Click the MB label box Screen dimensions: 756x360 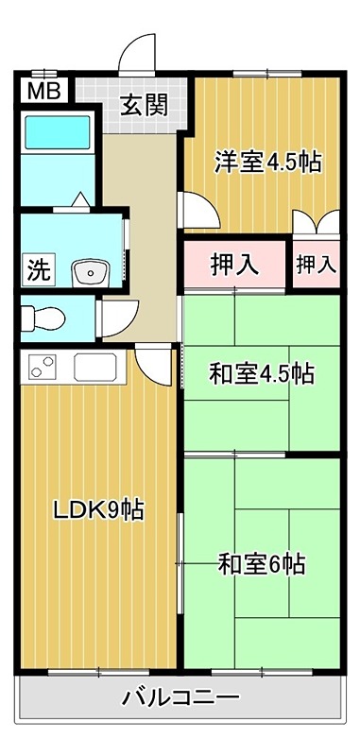pyautogui.click(x=40, y=92)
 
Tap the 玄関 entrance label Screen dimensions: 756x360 pyautogui.click(x=144, y=104)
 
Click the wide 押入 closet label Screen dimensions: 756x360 pyautogui.click(x=233, y=264)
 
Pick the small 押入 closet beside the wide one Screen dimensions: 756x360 pyautogui.click(x=316, y=264)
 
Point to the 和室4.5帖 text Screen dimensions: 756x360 pyautogui.click(x=261, y=373)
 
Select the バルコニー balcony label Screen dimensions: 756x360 pyautogui.click(x=180, y=699)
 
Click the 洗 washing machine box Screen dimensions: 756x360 pyautogui.click(x=37, y=269)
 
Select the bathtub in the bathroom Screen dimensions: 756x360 pyautogui.click(x=57, y=133)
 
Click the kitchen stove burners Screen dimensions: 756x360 pyautogui.click(x=43, y=366)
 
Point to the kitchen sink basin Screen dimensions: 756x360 pyautogui.click(x=94, y=366)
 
